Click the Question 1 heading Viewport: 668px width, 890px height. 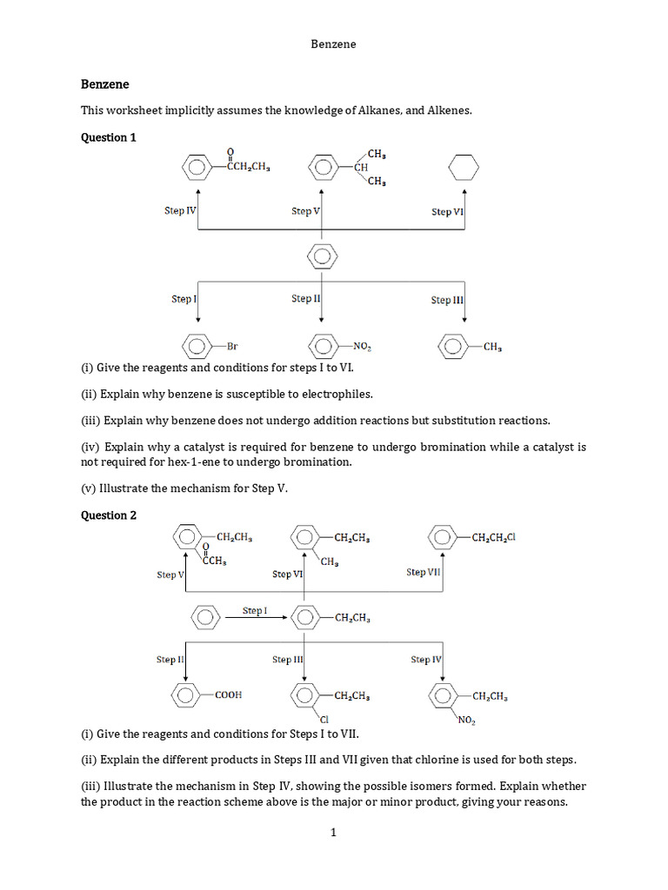pyautogui.click(x=109, y=137)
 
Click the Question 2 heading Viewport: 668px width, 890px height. pyautogui.click(x=109, y=515)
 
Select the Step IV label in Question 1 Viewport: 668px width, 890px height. pyautogui.click(x=180, y=210)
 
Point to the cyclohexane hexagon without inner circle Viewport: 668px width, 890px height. pyautogui.click(x=464, y=167)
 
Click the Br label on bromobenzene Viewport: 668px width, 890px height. pyautogui.click(x=232, y=347)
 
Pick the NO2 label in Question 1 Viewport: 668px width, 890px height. pyautogui.click(x=363, y=348)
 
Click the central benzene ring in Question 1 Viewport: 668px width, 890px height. pyautogui.click(x=323, y=256)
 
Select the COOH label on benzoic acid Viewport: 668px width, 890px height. pyautogui.click(x=229, y=694)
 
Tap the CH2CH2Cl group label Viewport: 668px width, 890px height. pyautogui.click(x=493, y=537)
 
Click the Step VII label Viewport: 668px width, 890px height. pyautogui.click(x=424, y=572)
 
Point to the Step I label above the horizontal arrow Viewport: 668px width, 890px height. pyautogui.click(x=255, y=611)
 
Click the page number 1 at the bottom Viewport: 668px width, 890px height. pyautogui.click(x=333, y=833)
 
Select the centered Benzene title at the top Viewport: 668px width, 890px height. pyautogui.click(x=333, y=43)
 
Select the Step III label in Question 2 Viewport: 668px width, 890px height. pyautogui.click(x=287, y=660)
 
